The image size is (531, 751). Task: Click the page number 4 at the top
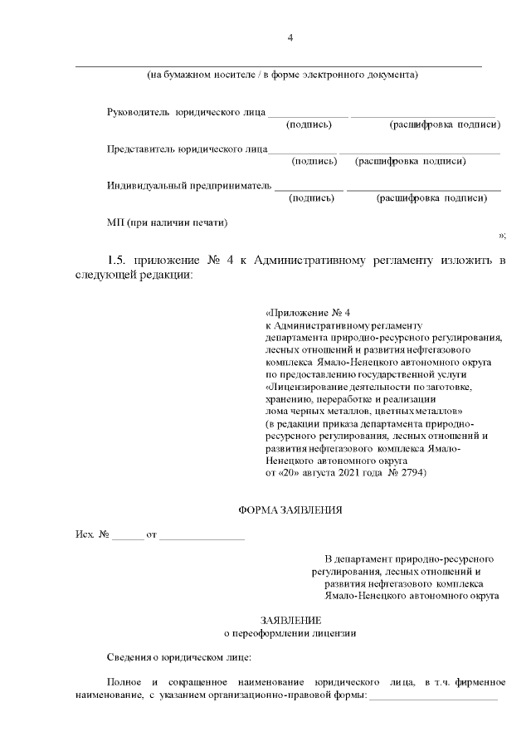click(x=290, y=37)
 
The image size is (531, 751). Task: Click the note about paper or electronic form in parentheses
click(x=282, y=75)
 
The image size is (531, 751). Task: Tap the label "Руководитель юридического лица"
click(x=186, y=112)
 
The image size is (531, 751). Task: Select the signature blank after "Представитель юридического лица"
click(x=302, y=149)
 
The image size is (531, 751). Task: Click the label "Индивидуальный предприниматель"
click(x=189, y=186)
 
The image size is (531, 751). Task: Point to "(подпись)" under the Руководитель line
click(x=309, y=124)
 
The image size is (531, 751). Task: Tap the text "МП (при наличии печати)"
click(x=167, y=222)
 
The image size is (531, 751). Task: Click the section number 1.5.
click(x=120, y=261)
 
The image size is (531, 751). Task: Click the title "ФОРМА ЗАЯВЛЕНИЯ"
click(x=290, y=510)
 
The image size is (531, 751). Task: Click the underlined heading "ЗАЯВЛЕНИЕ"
click(x=290, y=620)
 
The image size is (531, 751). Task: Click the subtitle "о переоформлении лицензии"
click(x=290, y=632)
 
